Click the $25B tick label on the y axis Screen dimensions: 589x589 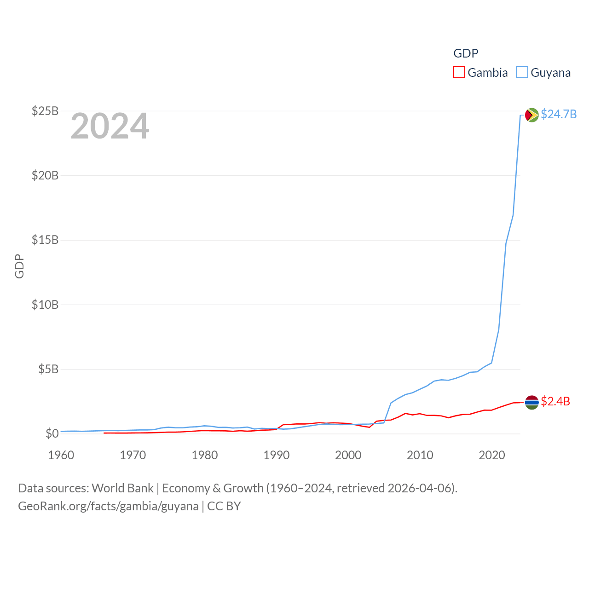tap(45, 111)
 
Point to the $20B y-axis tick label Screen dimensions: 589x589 tap(45, 175)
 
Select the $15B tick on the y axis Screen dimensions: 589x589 tap(45, 240)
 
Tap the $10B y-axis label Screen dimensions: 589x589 tap(45, 305)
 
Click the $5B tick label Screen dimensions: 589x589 tap(48, 369)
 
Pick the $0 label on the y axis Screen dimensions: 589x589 tap(52, 433)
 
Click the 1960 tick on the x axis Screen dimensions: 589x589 tap(61, 455)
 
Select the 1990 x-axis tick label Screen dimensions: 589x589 tap(277, 455)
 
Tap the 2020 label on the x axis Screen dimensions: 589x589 tap(492, 455)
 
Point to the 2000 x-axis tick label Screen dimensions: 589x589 tap(348, 455)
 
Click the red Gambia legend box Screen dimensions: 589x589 tap(459, 73)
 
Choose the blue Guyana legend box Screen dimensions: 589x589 tap(522, 73)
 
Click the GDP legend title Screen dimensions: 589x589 tap(466, 53)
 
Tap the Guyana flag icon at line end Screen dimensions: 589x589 tap(532, 115)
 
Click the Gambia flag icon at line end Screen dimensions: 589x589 tap(532, 402)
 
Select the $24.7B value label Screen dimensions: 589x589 tap(559, 114)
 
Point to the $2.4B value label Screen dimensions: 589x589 tap(555, 402)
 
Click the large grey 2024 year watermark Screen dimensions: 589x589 tap(110, 126)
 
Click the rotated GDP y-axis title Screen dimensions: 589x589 tap(19, 266)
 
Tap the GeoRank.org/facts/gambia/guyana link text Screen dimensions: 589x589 tap(108, 506)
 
